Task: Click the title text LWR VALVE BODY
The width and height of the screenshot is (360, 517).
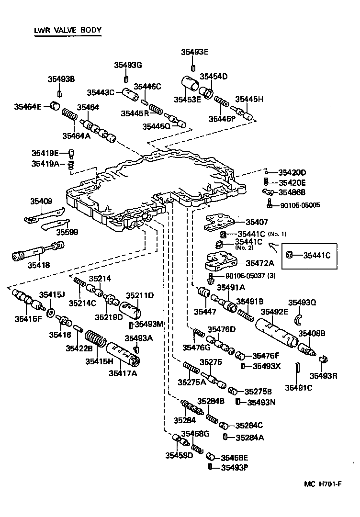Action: (x=67, y=31)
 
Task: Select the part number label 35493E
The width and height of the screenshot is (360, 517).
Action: (x=194, y=52)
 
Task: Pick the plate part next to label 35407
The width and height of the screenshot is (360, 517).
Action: (x=219, y=222)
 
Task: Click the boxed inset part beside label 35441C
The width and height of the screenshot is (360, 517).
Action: (x=290, y=255)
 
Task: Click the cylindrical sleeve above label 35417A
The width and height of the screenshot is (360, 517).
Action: (x=123, y=354)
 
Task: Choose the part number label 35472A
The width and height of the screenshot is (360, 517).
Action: (x=260, y=263)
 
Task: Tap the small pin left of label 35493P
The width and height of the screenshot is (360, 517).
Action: (x=210, y=467)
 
